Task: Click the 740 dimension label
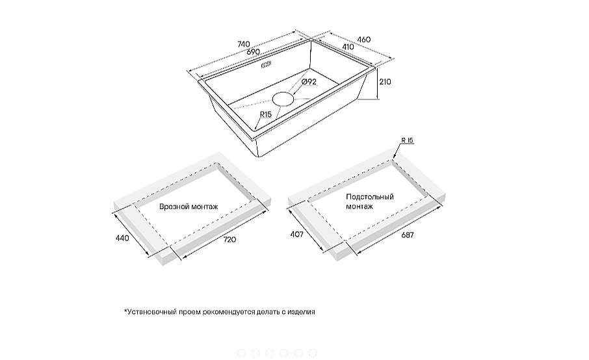click(x=244, y=44)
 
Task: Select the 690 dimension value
click(x=253, y=52)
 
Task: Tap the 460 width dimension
click(x=363, y=40)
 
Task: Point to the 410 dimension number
click(x=348, y=47)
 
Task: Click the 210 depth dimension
click(x=385, y=81)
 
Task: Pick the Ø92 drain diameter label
click(x=309, y=81)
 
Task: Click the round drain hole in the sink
click(x=283, y=99)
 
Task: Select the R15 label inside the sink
click(x=266, y=114)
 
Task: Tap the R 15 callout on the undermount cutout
click(x=407, y=140)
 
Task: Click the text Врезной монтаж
click(x=189, y=207)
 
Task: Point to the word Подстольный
click(x=370, y=197)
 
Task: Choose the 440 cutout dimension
click(x=122, y=238)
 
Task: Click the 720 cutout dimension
click(x=230, y=240)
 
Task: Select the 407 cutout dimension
click(x=296, y=234)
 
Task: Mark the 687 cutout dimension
click(x=408, y=235)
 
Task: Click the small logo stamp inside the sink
click(x=266, y=64)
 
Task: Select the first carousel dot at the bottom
click(x=241, y=353)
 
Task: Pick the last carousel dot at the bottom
click(x=313, y=353)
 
